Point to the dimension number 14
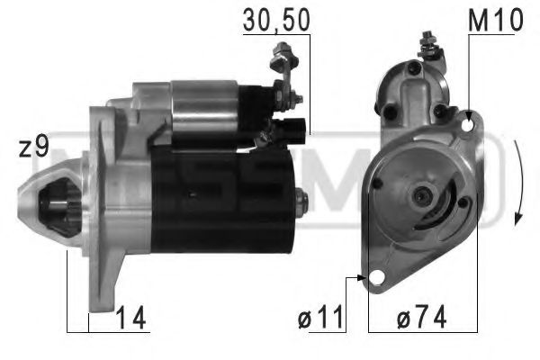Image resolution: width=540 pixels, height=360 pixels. (131, 317)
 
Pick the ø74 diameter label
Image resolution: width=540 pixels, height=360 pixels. (419, 317)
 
